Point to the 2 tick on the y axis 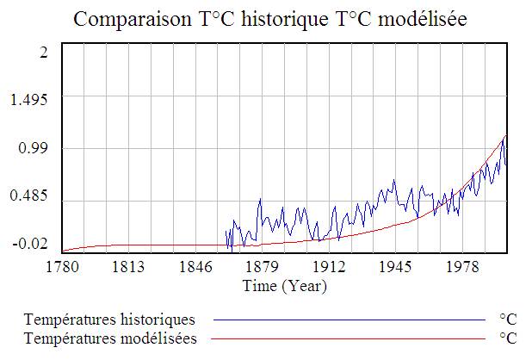[x=43, y=52]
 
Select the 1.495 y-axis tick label [x=29, y=100]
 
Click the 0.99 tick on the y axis [x=34, y=149]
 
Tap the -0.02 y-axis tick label [x=29, y=245]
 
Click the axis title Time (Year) [x=284, y=285]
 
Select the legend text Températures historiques [x=110, y=320]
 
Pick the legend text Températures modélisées [x=111, y=338]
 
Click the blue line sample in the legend [x=349, y=320]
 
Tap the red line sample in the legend [x=349, y=338]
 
